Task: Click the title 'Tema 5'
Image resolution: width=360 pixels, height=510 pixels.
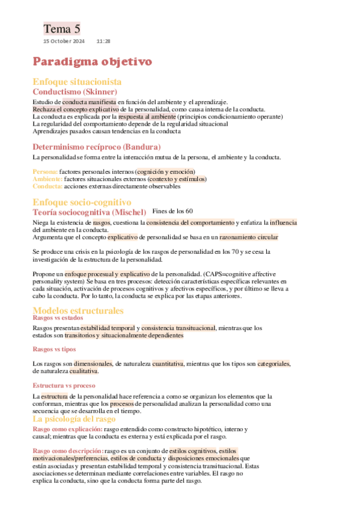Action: tap(61, 28)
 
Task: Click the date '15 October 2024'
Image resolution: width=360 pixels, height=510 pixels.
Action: tap(64, 41)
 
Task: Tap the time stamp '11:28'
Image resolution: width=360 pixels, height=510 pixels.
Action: tap(103, 41)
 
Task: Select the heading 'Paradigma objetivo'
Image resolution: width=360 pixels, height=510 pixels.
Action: tap(92, 61)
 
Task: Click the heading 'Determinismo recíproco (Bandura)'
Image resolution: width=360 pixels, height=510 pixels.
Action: tap(96, 147)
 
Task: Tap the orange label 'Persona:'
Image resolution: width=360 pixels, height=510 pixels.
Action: tap(44, 171)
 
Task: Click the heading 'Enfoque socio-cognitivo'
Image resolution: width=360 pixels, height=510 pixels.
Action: tap(82, 202)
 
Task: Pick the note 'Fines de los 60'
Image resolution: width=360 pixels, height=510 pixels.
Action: tap(173, 211)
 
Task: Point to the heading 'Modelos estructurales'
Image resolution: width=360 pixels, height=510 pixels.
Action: tap(78, 310)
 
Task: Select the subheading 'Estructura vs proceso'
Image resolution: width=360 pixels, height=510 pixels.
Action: tap(64, 384)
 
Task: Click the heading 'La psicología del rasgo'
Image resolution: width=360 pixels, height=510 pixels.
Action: tap(74, 419)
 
